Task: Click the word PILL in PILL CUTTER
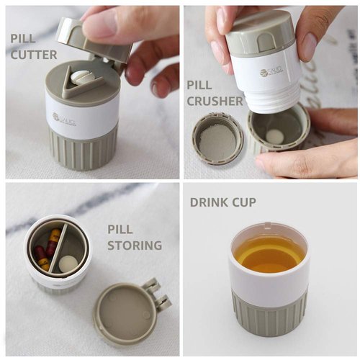click(x=23, y=38)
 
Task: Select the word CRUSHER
click(x=215, y=101)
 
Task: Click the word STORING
click(x=135, y=246)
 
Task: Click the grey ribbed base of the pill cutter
click(x=83, y=151)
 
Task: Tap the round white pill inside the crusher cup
click(x=274, y=136)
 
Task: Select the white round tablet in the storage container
click(x=68, y=264)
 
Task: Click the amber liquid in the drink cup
click(x=269, y=253)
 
